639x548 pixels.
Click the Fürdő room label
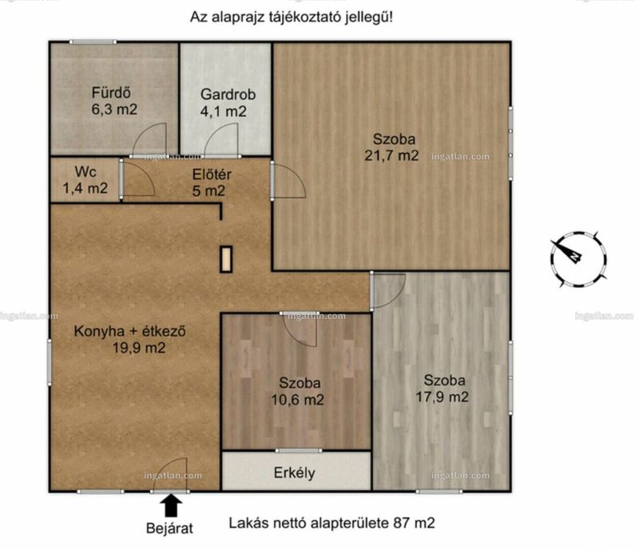tap(111, 93)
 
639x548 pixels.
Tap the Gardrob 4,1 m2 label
tap(228, 103)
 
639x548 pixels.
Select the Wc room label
tap(85, 171)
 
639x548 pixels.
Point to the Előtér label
tap(212, 175)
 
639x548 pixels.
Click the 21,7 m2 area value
tap(391, 156)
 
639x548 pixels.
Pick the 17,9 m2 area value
tap(443, 396)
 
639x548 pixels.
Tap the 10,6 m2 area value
tap(297, 400)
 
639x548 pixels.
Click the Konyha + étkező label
tap(129, 331)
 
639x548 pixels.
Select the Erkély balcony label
tap(294, 473)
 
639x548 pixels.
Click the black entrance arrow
tap(171, 505)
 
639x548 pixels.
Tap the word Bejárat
tap(169, 529)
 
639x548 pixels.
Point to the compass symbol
tap(577, 258)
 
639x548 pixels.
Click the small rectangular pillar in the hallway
tap(226, 259)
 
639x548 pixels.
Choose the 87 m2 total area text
tap(414, 522)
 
